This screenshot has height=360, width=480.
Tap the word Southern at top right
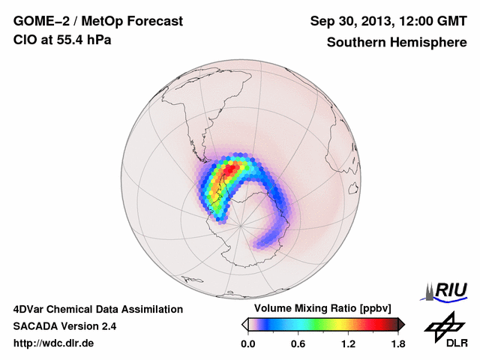(356, 43)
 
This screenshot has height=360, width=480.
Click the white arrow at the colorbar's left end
(245, 324)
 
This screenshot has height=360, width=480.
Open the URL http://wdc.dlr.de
(54, 343)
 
